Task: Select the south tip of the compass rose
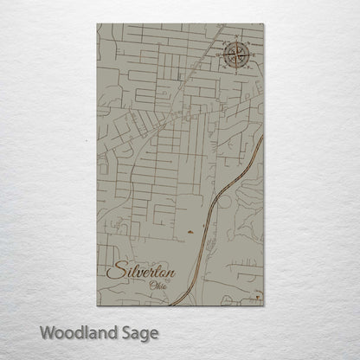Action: click(x=236, y=73)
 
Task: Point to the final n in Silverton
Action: click(x=170, y=274)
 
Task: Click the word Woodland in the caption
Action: click(x=74, y=331)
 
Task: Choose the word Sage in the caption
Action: click(x=139, y=332)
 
